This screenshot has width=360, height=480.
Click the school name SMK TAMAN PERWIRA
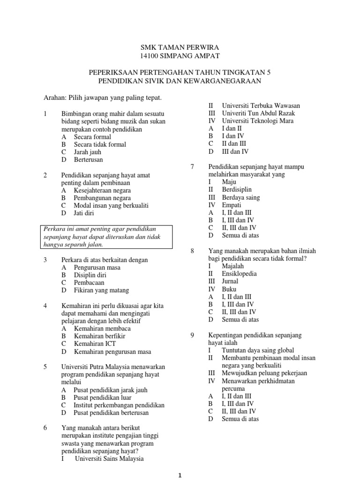pos(180,48)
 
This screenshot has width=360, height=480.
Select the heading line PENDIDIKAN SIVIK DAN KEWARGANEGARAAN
pos(180,81)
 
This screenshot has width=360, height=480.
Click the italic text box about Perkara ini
pos(107,237)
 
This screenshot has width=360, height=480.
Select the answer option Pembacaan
pos(89,283)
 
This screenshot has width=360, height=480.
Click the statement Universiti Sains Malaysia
pos(109,458)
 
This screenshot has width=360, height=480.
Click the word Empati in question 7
pos(232,205)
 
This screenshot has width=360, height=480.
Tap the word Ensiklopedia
pos(239,273)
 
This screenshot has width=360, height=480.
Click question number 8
pos(192,251)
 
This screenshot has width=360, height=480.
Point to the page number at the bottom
pos(180,475)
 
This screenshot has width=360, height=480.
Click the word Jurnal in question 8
pos(230,281)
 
